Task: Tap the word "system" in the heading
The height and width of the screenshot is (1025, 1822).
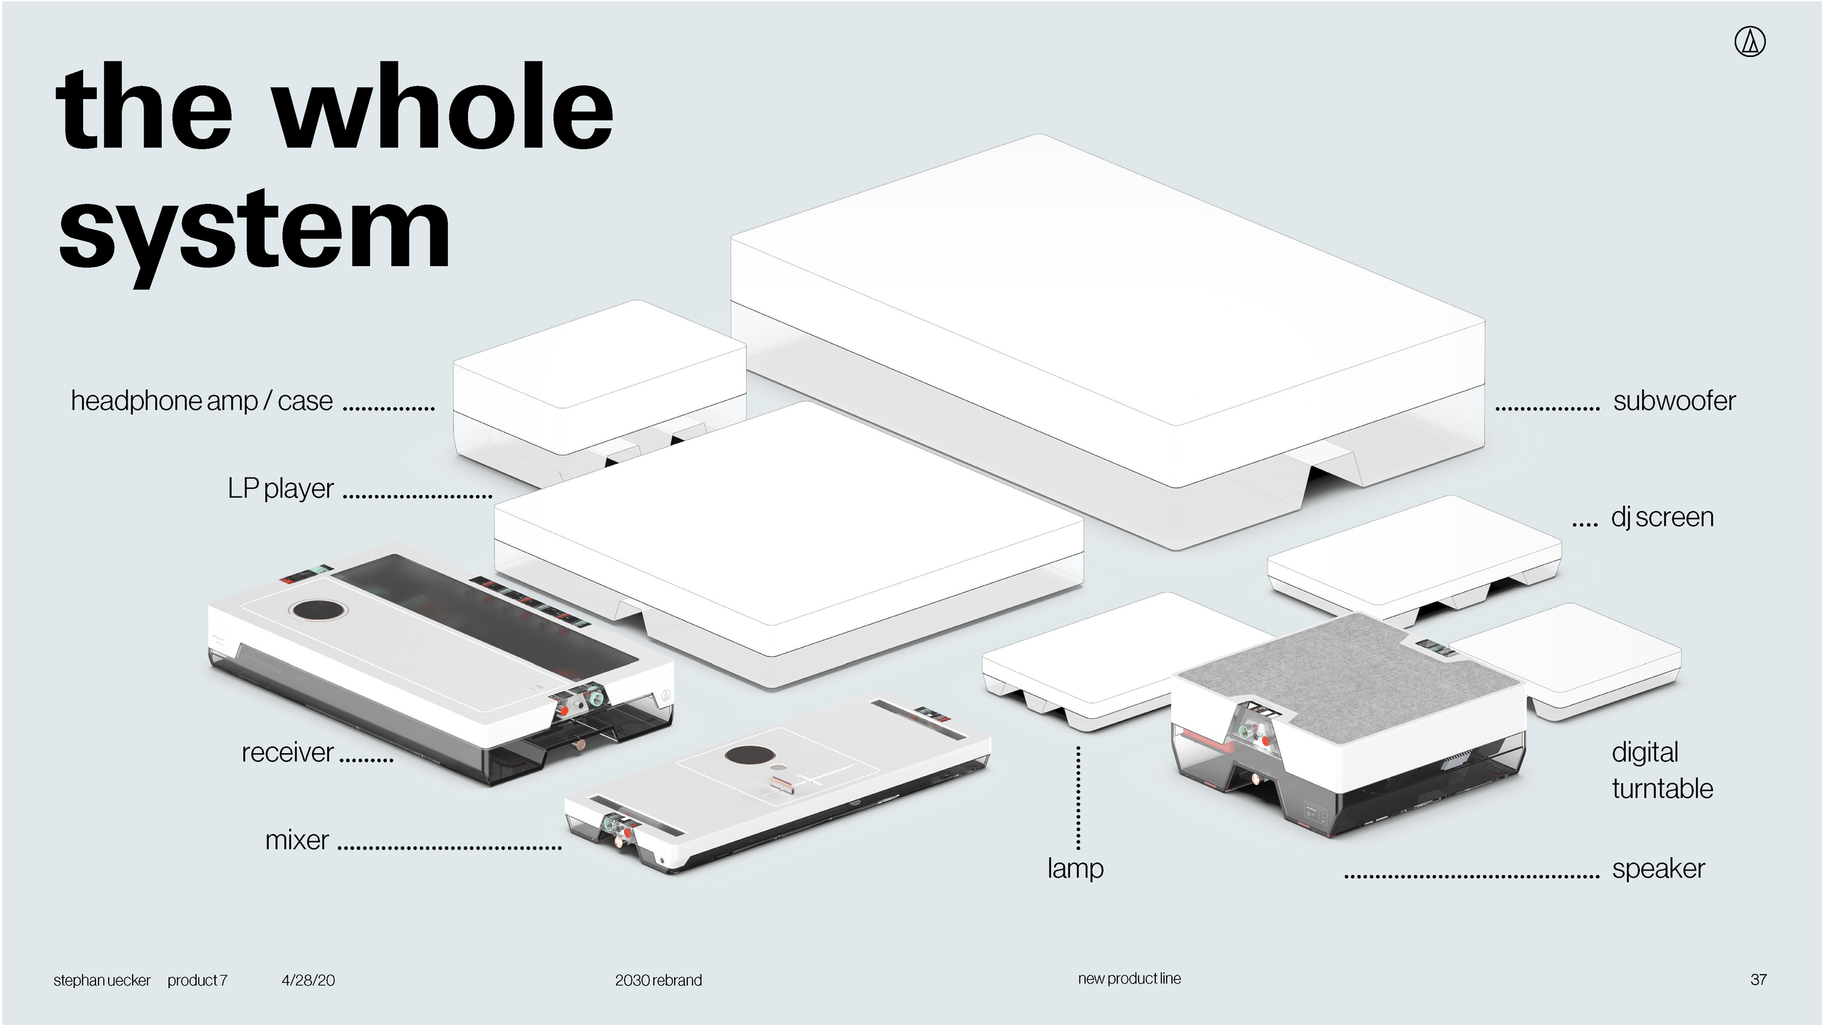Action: coord(254,229)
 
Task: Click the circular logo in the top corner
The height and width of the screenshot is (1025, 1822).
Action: coord(1750,42)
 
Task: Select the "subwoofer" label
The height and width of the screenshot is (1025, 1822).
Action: coord(1674,401)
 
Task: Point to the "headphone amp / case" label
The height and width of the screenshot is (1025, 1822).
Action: coord(201,401)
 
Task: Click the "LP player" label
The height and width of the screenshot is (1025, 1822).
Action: coord(281,488)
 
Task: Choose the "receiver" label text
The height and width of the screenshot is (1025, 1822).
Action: coord(287,752)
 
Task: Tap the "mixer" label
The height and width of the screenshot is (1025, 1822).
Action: coord(297,840)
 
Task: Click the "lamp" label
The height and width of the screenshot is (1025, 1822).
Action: coord(1075,868)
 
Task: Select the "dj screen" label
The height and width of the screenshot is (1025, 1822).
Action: coord(1662,517)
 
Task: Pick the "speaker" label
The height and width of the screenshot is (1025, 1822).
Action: coord(1658,868)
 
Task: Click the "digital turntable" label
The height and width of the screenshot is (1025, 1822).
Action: coord(1662,771)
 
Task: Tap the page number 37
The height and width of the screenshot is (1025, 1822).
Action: coord(1758,980)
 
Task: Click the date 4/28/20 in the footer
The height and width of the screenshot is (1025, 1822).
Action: coord(308,981)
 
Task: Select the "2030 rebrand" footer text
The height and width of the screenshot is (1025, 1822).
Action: coord(658,981)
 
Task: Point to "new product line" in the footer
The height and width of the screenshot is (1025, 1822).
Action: coord(1129,978)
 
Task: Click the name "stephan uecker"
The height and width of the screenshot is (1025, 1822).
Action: coord(101,981)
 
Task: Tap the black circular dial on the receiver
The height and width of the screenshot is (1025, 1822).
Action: coord(318,610)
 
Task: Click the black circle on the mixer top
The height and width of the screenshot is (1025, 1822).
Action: coord(743,756)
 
